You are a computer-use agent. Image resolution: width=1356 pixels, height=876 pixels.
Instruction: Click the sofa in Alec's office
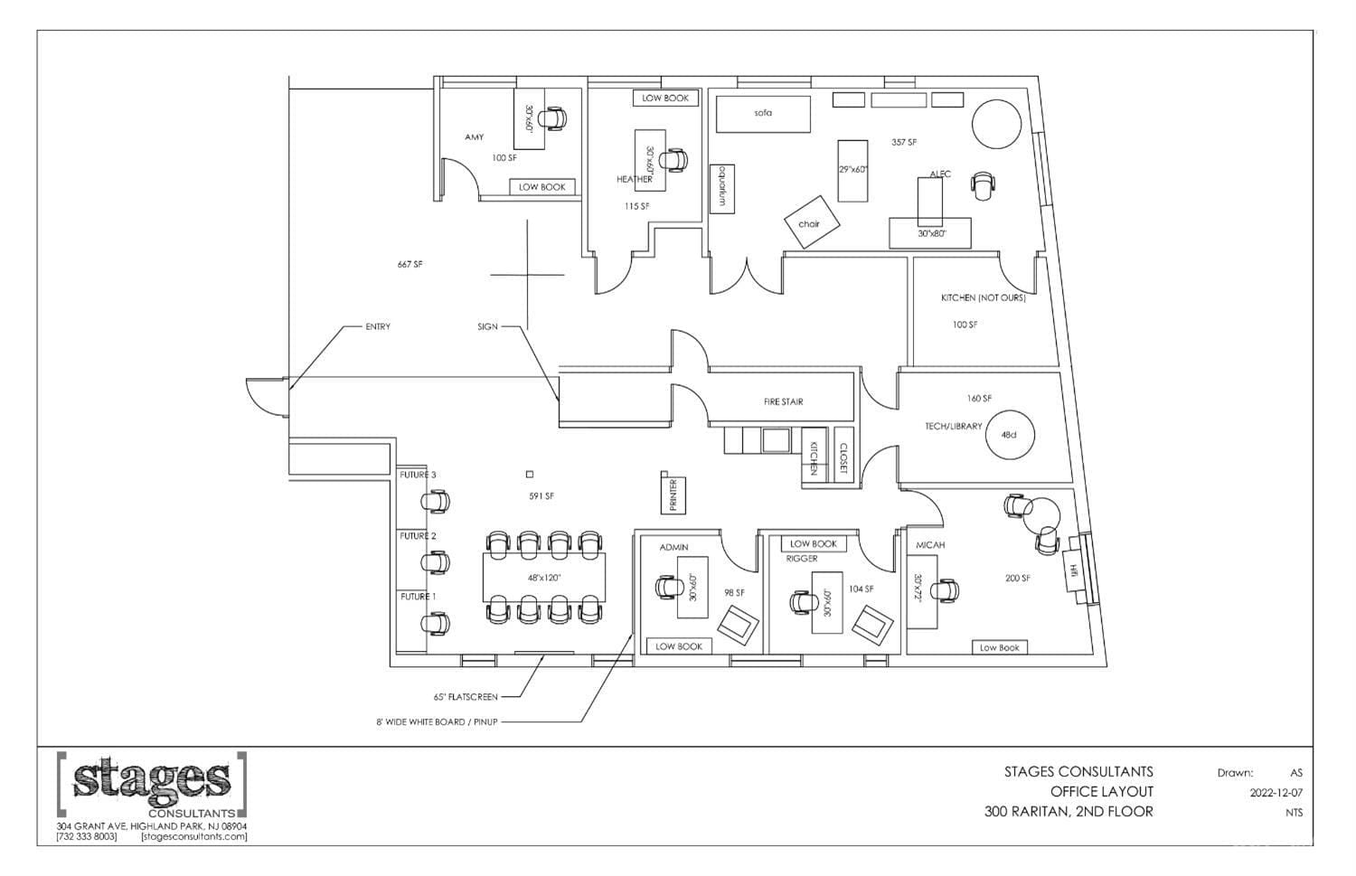tap(763, 114)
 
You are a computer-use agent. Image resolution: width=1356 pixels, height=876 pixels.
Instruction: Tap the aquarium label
tap(722, 189)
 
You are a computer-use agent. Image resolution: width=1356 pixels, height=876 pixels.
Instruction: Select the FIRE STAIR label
tap(784, 401)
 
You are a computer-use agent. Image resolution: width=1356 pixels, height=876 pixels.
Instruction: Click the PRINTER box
tap(673, 495)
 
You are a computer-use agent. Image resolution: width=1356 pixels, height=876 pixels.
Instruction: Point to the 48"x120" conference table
tap(543, 578)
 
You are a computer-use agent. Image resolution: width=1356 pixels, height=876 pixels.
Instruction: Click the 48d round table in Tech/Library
tap(1009, 435)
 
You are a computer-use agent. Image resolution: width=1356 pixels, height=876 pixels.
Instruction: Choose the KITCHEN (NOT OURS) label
tap(984, 297)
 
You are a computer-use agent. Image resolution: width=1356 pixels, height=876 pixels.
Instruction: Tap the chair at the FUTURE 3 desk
tap(435, 502)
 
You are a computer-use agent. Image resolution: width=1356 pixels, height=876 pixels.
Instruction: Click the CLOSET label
tap(843, 458)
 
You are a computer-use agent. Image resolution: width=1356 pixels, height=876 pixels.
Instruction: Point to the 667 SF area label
tap(410, 264)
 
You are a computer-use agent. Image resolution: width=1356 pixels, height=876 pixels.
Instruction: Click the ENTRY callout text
tap(378, 326)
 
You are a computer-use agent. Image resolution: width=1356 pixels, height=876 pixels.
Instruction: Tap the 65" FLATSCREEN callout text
tap(466, 697)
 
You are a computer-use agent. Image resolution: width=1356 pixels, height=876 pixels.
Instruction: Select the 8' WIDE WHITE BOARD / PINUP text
tap(437, 721)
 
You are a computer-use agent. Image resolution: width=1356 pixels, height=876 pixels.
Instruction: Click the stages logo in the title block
tap(152, 786)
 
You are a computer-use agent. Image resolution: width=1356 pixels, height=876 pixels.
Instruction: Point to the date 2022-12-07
tap(1276, 793)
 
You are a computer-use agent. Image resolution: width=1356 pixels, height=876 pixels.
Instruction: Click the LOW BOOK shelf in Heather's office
tap(665, 98)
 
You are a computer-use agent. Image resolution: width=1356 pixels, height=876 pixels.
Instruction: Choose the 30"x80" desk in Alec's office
tap(930, 233)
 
